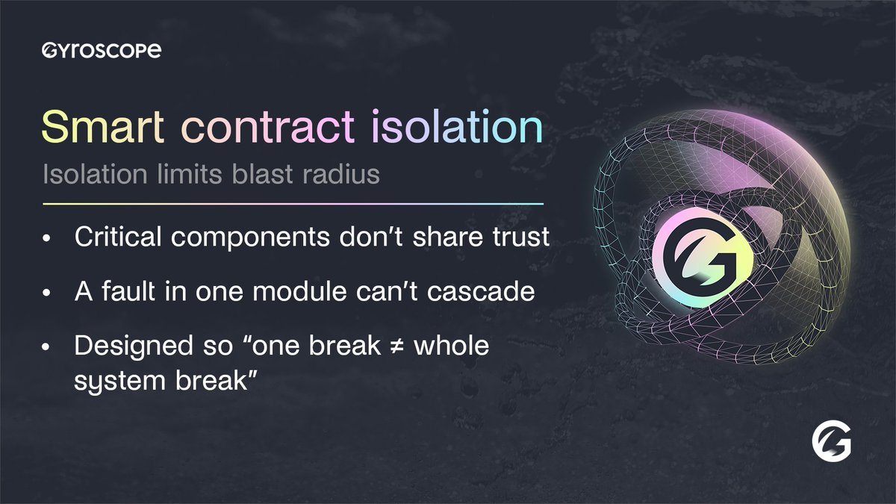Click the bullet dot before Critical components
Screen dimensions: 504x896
48,240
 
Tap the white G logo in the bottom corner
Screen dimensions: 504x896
831,447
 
